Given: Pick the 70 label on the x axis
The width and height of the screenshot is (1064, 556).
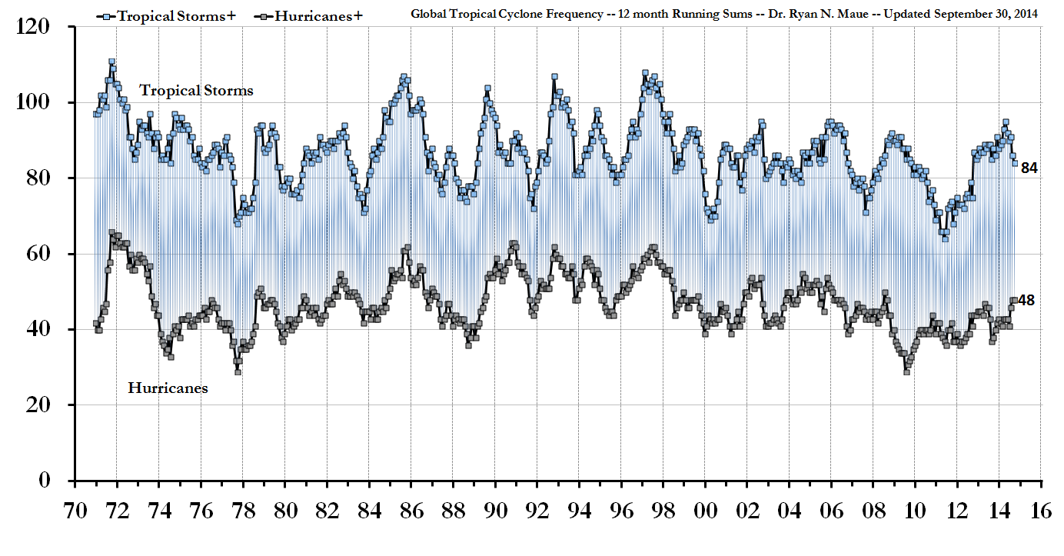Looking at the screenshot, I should tap(75, 512).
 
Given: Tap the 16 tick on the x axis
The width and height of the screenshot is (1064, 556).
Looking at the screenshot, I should tap(1042, 512).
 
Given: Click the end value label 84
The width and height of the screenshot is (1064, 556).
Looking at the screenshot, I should tap(1029, 168).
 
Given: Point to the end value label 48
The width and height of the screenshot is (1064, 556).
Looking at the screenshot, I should tap(1026, 300).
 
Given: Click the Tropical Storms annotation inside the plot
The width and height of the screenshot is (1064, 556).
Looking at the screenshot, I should tap(196, 90).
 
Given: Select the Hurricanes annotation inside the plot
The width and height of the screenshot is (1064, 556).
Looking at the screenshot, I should tap(168, 388).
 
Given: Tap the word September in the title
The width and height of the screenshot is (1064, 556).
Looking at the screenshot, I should tap(949, 14).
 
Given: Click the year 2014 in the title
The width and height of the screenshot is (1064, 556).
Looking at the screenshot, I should tap(1022, 14).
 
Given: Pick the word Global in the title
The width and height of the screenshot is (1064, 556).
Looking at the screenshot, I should tap(428, 14).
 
